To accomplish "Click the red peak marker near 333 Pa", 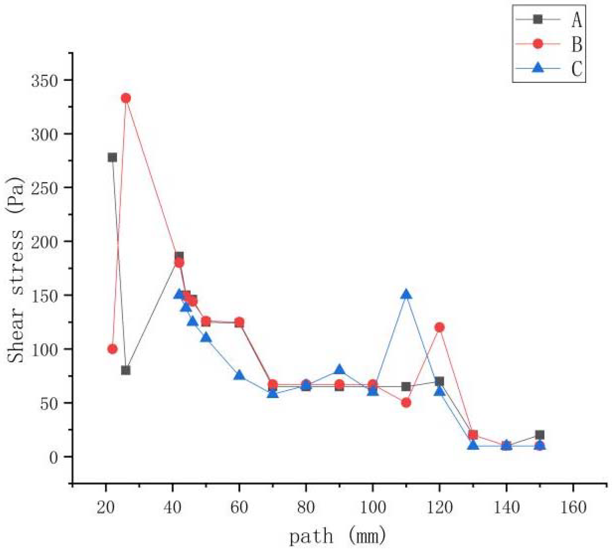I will [126, 98].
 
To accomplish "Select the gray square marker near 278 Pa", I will [112, 157].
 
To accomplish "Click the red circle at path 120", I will [439, 327].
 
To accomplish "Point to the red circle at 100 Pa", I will [112, 349].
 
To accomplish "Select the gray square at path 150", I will [539, 435].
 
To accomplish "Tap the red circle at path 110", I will [406, 403].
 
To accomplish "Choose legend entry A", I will [577, 20].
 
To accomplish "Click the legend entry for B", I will [577, 44].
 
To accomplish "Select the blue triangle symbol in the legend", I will [538, 67].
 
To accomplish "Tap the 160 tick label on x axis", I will [573, 507].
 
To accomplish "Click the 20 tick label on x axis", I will [105, 507].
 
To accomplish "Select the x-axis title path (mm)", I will [337, 536].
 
